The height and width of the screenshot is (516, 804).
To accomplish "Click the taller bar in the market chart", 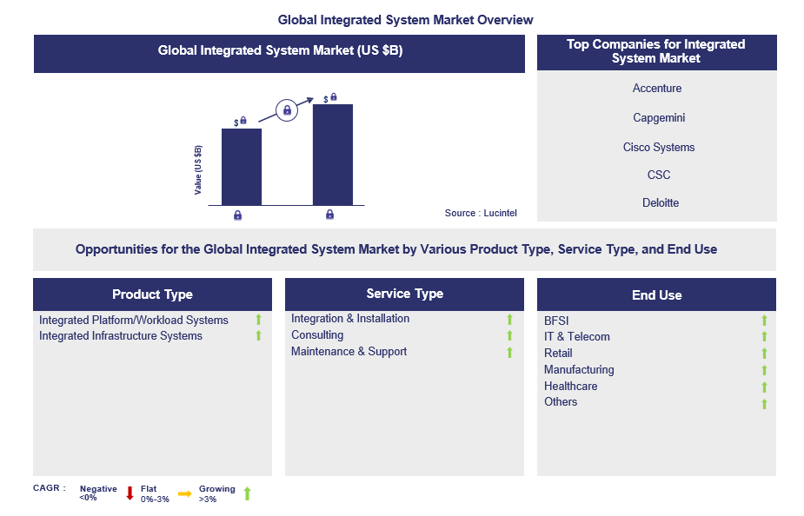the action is (x=333, y=155).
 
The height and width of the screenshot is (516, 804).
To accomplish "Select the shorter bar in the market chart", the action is (x=242, y=167).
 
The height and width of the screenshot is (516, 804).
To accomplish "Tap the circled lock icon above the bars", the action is (x=287, y=110).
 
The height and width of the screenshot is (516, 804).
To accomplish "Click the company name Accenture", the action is (x=657, y=88).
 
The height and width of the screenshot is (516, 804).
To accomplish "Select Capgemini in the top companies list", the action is (x=659, y=118).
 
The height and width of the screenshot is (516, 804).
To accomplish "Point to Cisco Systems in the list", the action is (x=659, y=147).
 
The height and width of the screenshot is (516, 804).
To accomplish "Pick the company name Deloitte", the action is (x=661, y=203).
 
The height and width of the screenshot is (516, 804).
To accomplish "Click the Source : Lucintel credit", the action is (x=481, y=213).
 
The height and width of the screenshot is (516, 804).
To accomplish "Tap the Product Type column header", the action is (x=152, y=294).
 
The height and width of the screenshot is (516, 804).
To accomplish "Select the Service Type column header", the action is (x=404, y=294).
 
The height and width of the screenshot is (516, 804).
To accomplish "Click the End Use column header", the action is (x=656, y=295).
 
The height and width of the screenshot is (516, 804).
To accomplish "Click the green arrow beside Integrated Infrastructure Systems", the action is (x=258, y=335).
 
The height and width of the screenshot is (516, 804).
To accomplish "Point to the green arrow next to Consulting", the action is (x=509, y=335).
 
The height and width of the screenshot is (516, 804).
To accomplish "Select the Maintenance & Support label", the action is (x=349, y=352).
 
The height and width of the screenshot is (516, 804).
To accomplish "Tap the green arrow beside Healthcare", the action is (x=764, y=387).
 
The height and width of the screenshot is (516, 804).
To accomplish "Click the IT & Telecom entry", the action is (x=577, y=337).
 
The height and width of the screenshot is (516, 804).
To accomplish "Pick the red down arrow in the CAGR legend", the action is (x=130, y=493).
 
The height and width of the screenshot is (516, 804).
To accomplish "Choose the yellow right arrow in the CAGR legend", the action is (x=184, y=494).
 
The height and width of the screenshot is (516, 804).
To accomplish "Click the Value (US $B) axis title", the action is (x=198, y=170).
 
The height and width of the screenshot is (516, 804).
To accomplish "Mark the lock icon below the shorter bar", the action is (x=237, y=215).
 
